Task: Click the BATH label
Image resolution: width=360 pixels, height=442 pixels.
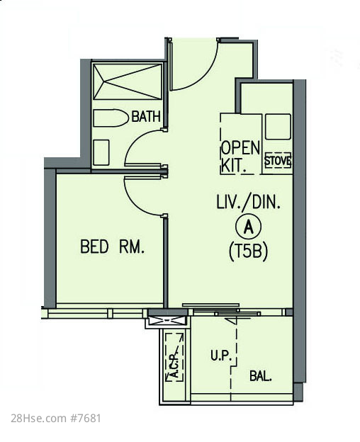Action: (x=146, y=116)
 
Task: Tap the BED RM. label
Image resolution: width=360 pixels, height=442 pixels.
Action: (x=113, y=246)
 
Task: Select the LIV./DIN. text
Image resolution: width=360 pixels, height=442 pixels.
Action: (x=248, y=202)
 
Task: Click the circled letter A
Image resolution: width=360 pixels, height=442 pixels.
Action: (x=248, y=227)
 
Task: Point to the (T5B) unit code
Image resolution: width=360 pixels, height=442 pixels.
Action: (x=248, y=251)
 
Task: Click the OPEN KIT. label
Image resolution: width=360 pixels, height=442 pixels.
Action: (x=240, y=156)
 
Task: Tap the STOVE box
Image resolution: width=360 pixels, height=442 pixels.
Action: (x=278, y=161)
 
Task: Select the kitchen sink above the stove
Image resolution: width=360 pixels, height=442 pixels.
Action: (x=278, y=127)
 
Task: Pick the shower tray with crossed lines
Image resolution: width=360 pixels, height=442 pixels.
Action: (x=128, y=82)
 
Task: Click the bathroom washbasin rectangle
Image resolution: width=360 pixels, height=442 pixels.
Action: (x=101, y=152)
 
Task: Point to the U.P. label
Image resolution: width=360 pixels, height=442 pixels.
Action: (x=221, y=356)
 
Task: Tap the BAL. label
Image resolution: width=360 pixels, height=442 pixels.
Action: (x=261, y=376)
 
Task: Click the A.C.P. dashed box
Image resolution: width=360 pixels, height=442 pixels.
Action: (x=174, y=358)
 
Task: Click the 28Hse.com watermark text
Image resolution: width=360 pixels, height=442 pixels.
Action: (x=39, y=419)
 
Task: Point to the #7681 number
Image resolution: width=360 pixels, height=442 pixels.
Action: (x=86, y=419)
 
